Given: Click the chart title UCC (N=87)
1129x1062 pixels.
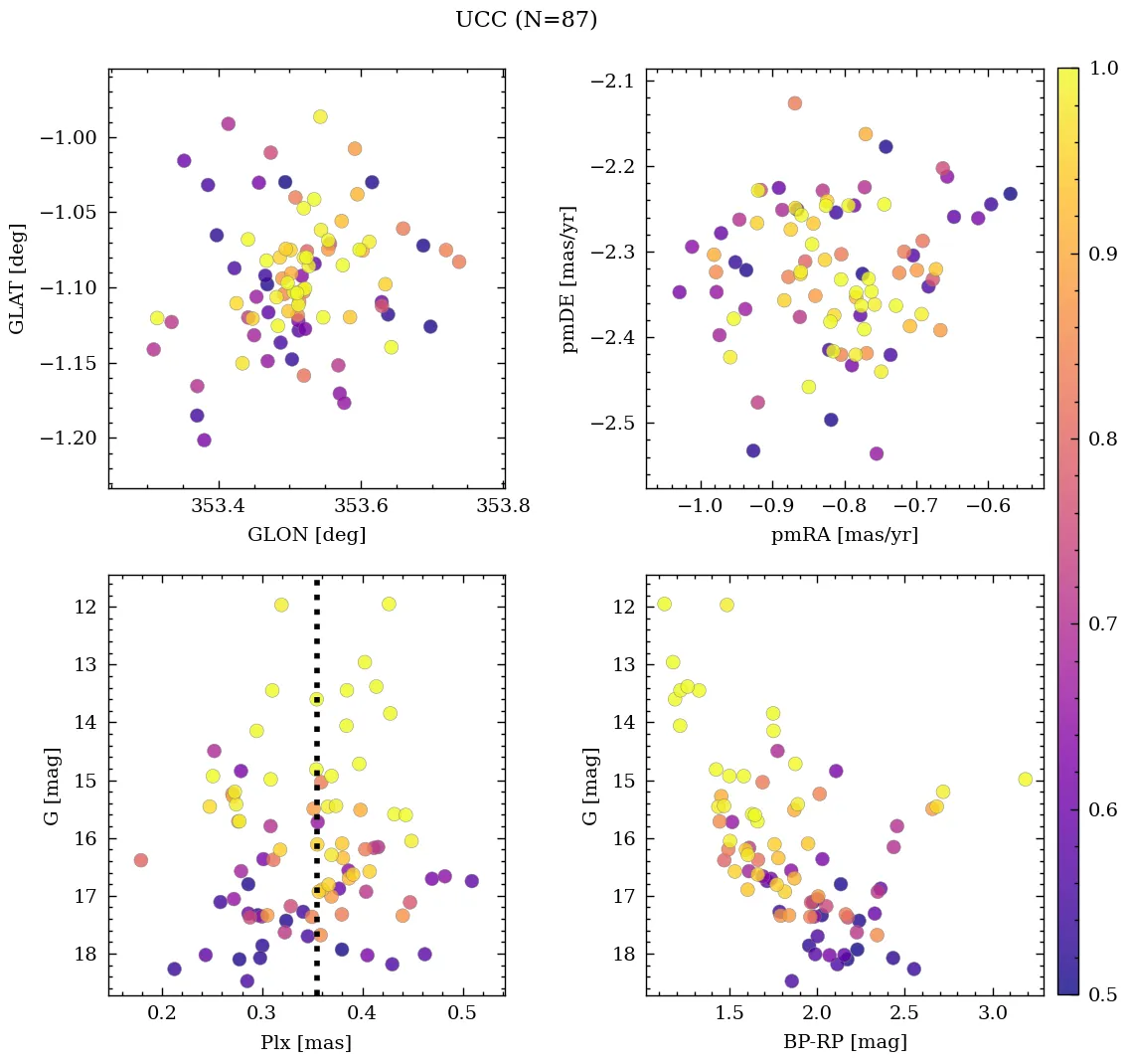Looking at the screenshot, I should coord(526,20).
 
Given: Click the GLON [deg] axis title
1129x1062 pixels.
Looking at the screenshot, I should coord(306,535).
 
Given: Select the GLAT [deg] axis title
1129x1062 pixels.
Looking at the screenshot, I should coord(17,278).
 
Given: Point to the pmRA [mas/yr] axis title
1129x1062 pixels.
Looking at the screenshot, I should coord(844,535).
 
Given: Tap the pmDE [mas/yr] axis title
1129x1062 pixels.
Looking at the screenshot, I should coord(569,278).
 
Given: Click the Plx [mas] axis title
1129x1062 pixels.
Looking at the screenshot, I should coord(306,1043).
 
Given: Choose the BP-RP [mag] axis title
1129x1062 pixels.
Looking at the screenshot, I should coord(844,1043).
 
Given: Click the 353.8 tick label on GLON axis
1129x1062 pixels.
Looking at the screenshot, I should coord(502,505).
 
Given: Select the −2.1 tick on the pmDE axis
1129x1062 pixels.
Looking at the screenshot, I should coord(616,81).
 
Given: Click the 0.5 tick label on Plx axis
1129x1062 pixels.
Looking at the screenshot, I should coord(462,1014).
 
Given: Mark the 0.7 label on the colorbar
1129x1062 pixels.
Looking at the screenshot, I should coord(1102,623).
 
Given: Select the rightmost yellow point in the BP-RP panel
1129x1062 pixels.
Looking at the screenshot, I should coord(1025,780).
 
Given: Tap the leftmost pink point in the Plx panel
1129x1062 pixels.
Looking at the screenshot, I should coord(141,860).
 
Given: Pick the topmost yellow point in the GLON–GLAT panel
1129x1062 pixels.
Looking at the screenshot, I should coord(320,116).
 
